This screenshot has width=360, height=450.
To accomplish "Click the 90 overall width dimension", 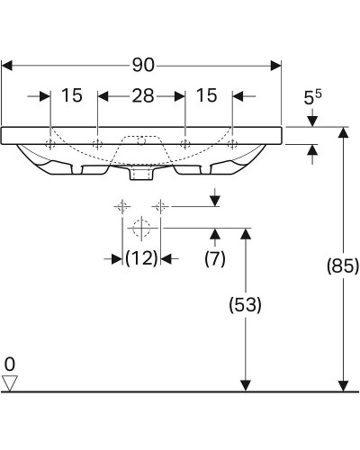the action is pos(143,65).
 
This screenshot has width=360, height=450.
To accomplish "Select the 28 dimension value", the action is pos(143,96).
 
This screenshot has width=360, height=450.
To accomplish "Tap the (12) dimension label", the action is pos(141,258).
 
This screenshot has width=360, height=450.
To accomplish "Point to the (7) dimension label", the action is pos(215,258).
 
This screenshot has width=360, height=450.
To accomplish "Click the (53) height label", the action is pos(246,305).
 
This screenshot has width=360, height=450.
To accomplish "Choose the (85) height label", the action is pos(343,265).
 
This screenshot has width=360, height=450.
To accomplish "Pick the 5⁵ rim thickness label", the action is pos(312,96).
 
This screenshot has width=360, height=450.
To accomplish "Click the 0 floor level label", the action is pos(10,364).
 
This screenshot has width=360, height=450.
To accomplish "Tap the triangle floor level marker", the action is pos(10,383).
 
